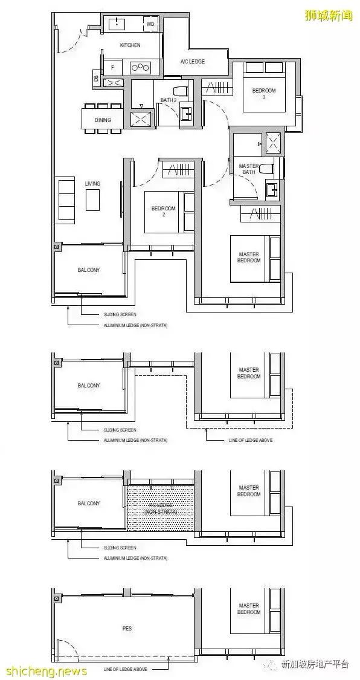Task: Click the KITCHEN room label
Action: pyautogui.click(x=130, y=45)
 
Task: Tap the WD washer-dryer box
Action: pyautogui.click(x=149, y=24)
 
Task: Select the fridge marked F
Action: pyautogui.click(x=112, y=68)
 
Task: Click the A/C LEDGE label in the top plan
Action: pyautogui.click(x=193, y=62)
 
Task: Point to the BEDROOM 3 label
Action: pyautogui.click(x=263, y=94)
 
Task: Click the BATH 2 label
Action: pyautogui.click(x=168, y=100)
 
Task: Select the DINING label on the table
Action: pyautogui.click(x=103, y=120)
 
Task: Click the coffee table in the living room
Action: pyautogui.click(x=92, y=200)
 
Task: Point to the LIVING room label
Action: pyautogui.click(x=92, y=183)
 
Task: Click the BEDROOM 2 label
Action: pyautogui.click(x=163, y=212)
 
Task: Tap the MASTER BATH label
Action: pyautogui.click(x=249, y=169)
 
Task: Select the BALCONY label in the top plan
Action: pyautogui.click(x=88, y=270)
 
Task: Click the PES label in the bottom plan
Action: pyautogui.click(x=126, y=629)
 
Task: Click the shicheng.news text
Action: pyautogui.click(x=46, y=671)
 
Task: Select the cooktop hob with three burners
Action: pyautogui.click(x=140, y=68)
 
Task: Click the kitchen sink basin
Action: pyautogui.click(x=117, y=24)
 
